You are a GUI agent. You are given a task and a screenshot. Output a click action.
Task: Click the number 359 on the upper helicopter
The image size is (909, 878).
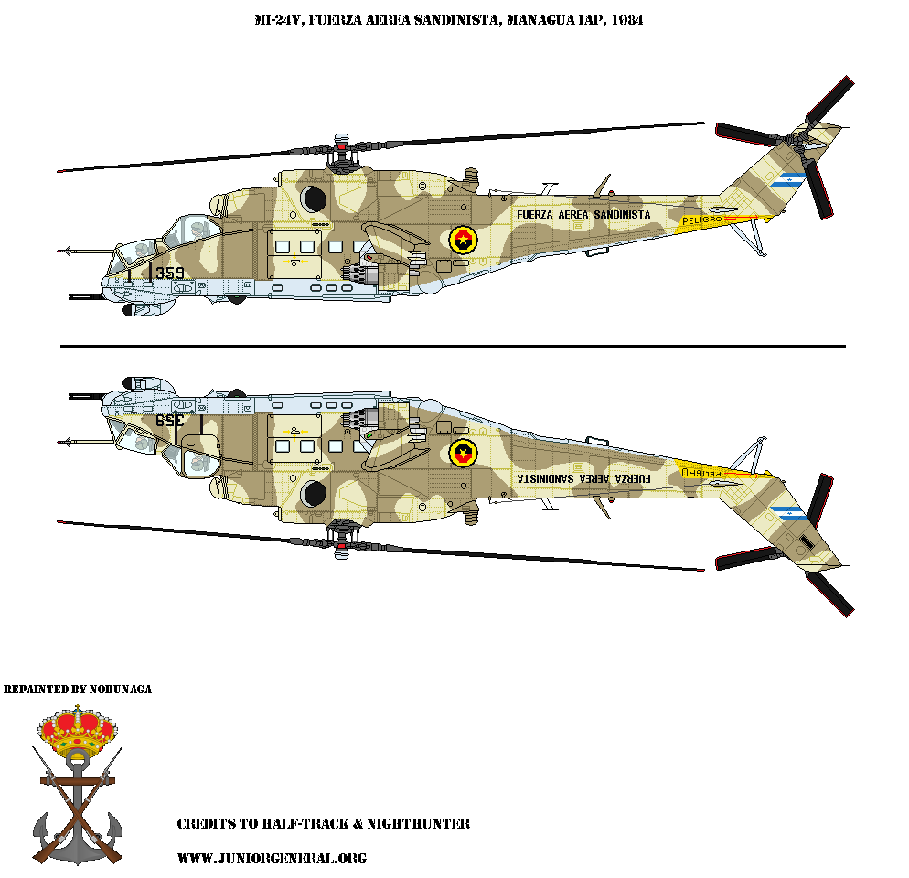pyautogui.click(x=170, y=273)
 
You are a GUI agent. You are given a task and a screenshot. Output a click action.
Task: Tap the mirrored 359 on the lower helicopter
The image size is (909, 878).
pyautogui.click(x=170, y=421)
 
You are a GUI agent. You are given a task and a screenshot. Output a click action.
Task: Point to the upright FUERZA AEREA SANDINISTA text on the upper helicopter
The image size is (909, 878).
pyautogui.click(x=583, y=215)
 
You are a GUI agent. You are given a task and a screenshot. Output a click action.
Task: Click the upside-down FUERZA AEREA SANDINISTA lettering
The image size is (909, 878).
pyautogui.click(x=583, y=477)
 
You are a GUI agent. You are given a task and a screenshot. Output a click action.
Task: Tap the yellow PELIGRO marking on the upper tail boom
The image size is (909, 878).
pyautogui.click(x=702, y=219)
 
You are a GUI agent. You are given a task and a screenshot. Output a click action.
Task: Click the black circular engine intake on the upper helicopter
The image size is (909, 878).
pyautogui.click(x=314, y=198)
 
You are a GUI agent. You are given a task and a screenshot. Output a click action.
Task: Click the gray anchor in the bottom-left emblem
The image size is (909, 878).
pyautogui.click(x=77, y=809)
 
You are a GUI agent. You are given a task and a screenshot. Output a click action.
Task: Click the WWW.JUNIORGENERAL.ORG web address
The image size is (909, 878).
pyautogui.click(x=271, y=858)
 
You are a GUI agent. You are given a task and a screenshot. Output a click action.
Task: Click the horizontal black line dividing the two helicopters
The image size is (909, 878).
pyautogui.click(x=453, y=347)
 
